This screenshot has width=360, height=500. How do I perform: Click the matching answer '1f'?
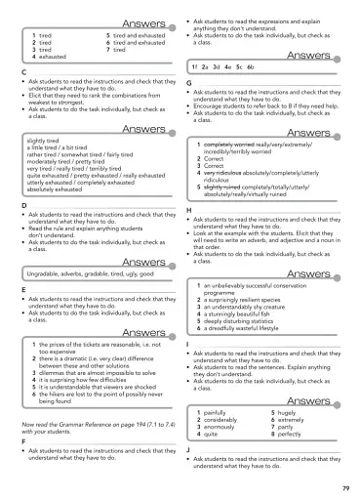pos(196,66)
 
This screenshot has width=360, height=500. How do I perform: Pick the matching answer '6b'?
pos(251,66)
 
